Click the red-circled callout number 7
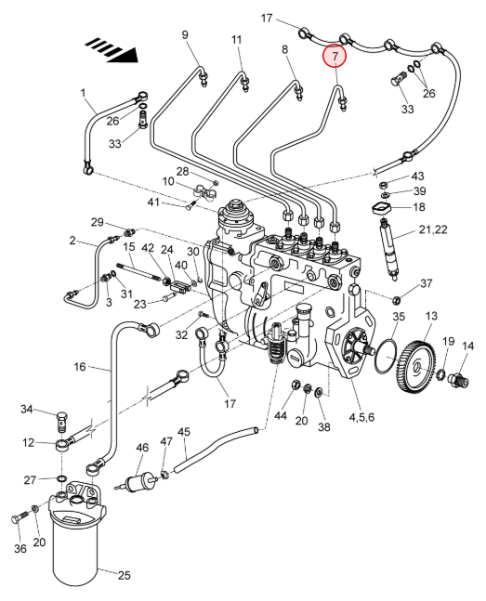point(335,56)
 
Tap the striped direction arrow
point(112,50)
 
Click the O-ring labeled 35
point(387,355)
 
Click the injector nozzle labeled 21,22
point(390,248)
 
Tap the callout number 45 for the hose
point(183,432)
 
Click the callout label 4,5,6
point(361,417)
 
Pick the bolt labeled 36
point(20,517)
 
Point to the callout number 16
point(80,367)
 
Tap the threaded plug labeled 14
point(458,380)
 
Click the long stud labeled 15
point(141,272)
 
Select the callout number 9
point(185,35)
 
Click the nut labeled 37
point(396,298)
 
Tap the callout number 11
point(237,40)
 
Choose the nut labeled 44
point(296,385)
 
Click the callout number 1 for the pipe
point(84,93)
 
